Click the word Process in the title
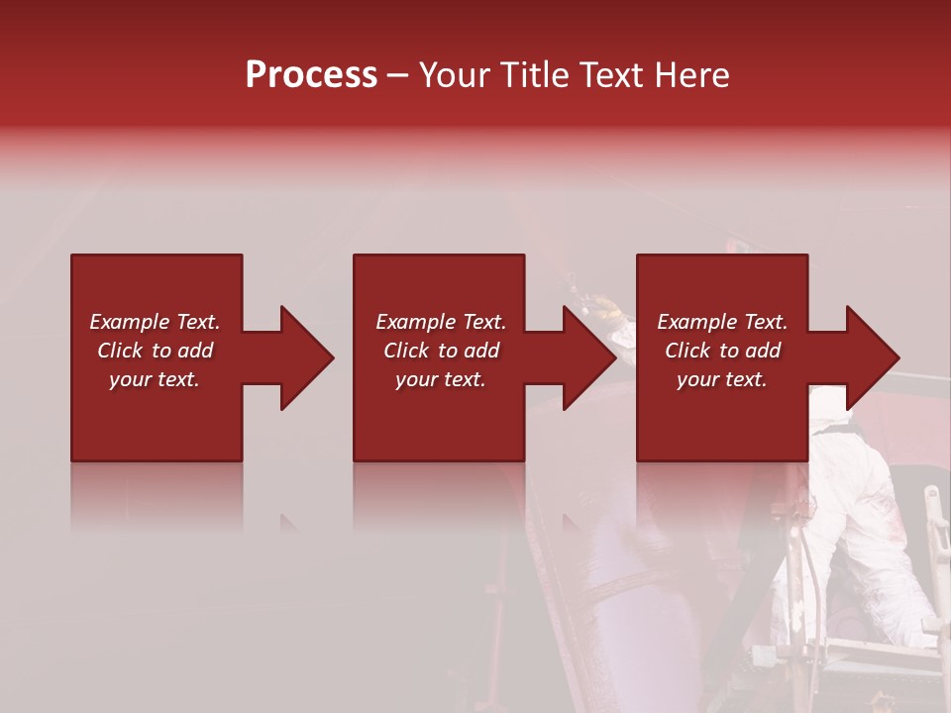point(311,75)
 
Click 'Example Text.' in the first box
point(155,322)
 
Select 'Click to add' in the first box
point(155,351)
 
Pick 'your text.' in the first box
point(155,379)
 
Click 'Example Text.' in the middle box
point(440,322)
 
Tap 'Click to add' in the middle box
point(440,351)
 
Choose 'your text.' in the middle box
point(440,379)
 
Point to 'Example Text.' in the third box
point(722,322)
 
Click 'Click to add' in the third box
point(722,351)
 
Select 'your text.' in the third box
point(722,379)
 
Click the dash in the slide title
point(398,76)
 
